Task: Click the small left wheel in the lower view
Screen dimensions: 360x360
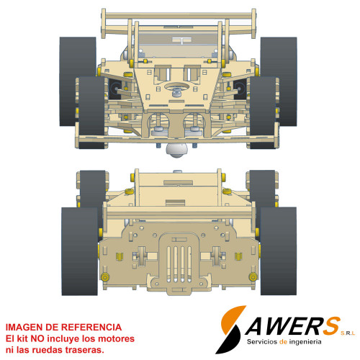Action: pos(92,187)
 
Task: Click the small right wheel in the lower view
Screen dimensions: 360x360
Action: pos(262,187)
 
